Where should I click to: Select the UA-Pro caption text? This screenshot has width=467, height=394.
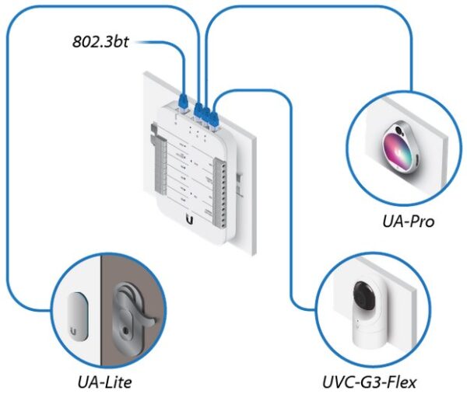(404, 221)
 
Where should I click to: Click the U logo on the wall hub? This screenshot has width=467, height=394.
(189, 220)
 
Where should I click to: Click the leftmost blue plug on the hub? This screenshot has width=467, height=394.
(184, 100)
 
